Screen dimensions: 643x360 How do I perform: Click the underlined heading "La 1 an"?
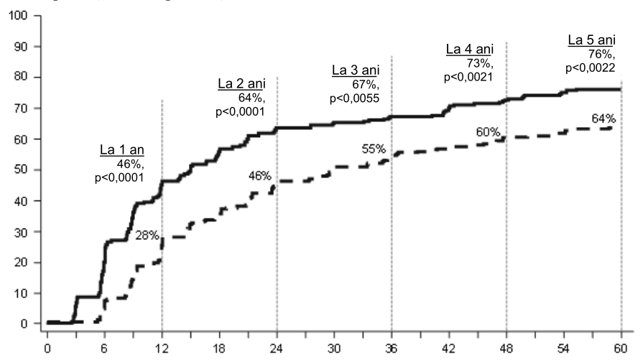(122, 149)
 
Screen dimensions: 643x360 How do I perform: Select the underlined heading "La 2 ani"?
(241, 83)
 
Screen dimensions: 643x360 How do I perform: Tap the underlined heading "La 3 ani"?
(356, 70)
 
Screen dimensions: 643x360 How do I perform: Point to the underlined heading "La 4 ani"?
(470, 49)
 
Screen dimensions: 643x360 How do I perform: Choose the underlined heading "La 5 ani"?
(592, 40)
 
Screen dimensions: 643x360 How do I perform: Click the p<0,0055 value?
(355, 98)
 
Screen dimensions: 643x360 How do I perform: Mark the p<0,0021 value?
(468, 77)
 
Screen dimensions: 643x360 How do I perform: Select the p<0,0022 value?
(591, 68)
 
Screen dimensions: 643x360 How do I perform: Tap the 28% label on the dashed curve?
(147, 236)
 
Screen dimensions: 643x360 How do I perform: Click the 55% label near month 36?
(374, 149)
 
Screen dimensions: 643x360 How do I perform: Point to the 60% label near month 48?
(488, 132)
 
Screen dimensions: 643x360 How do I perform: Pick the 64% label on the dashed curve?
(603, 119)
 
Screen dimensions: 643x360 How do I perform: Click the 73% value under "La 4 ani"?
(480, 63)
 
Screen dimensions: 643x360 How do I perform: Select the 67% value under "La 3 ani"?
(366, 85)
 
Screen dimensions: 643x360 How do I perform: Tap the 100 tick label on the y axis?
(18, 16)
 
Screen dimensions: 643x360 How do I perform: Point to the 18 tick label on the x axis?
(219, 349)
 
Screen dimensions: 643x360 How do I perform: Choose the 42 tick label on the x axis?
(448, 349)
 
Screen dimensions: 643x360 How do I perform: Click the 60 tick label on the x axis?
(621, 349)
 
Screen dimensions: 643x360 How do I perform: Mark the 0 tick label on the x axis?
(47, 349)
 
